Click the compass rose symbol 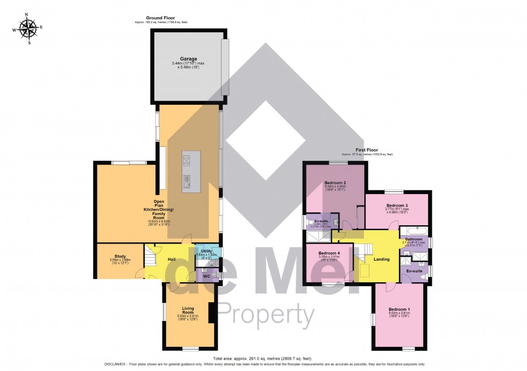tap(27, 29)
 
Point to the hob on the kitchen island tap(187, 160)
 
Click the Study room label tap(120, 256)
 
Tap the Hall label tap(172, 259)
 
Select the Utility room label tap(207, 251)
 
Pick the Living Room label tap(188, 310)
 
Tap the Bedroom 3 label tap(397, 205)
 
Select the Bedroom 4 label tap(329, 253)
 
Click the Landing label tap(381, 259)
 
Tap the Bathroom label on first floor tap(413, 239)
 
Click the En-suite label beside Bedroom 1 tap(414, 271)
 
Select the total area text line tap(263, 358)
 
